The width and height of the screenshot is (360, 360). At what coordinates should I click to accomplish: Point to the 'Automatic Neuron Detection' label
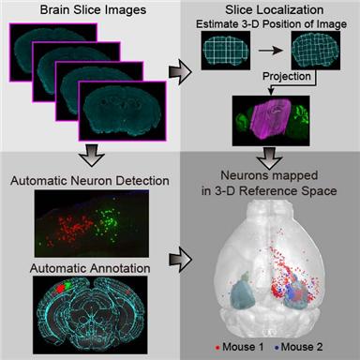(x=88, y=177)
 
